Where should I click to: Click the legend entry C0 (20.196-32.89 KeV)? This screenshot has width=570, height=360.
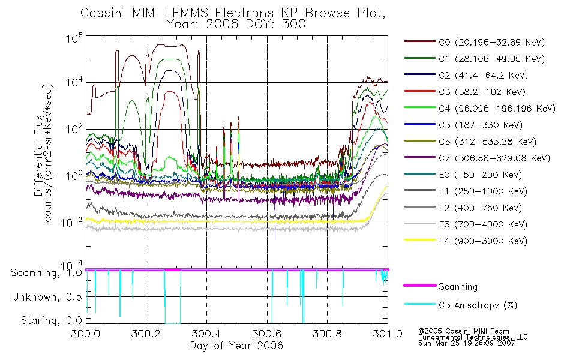click(474, 42)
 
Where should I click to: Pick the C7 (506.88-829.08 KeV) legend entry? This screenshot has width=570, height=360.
click(477, 158)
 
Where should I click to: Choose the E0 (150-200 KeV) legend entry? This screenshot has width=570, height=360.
click(463, 175)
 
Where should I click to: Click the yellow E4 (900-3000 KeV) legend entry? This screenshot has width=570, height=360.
click(466, 241)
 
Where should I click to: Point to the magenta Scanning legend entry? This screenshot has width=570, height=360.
click(440, 286)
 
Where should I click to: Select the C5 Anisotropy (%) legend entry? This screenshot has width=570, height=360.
click(461, 305)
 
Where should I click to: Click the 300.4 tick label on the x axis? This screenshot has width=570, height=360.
click(206, 334)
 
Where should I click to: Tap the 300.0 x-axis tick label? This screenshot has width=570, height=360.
click(86, 334)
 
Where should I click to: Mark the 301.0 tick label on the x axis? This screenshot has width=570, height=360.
click(388, 334)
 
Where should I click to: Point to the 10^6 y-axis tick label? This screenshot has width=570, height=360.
click(74, 37)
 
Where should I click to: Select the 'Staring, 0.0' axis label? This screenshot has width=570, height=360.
click(51, 320)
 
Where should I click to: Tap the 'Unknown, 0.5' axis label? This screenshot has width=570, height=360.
click(47, 297)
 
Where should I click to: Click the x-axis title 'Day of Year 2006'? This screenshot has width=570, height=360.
click(236, 346)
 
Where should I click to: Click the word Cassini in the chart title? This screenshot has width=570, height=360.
click(103, 13)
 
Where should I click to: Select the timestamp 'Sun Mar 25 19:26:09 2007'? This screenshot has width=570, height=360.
click(467, 343)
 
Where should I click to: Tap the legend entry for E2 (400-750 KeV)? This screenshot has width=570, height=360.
click(463, 208)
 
